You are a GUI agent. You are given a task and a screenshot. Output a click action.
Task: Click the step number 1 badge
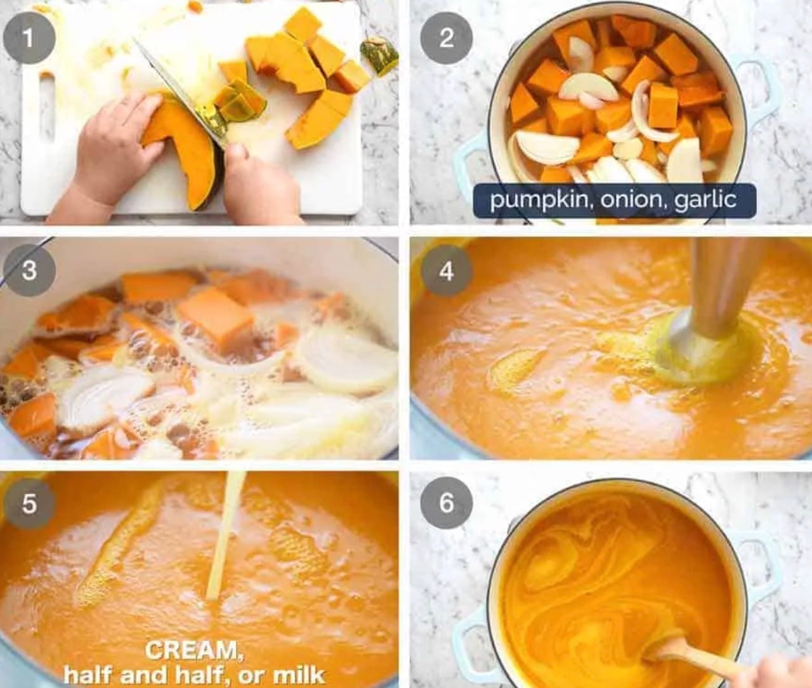29,38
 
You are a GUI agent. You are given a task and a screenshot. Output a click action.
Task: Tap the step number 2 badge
446,38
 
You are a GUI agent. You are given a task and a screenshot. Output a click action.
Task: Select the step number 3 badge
29,270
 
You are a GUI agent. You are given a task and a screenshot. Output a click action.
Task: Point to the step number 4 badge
446,270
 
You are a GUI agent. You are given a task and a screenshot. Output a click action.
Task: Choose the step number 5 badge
29,503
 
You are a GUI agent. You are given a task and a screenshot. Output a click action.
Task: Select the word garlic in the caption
705,201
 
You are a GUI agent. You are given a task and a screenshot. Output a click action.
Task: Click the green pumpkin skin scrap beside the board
379,55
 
